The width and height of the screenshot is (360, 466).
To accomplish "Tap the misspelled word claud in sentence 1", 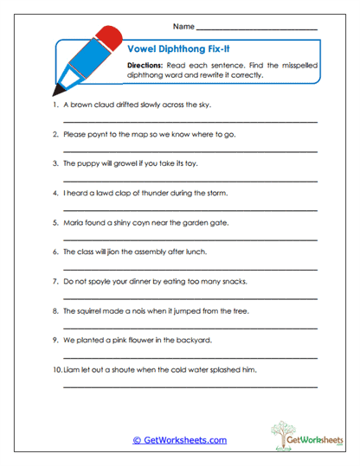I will tap(110, 105).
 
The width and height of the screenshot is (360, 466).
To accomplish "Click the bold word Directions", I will tap(146, 66).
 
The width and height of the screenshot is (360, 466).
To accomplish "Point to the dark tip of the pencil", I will tap(56, 90).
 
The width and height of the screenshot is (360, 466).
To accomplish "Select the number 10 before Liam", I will tap(57, 370).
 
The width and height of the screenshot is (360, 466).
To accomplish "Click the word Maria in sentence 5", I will tap(74, 222).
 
